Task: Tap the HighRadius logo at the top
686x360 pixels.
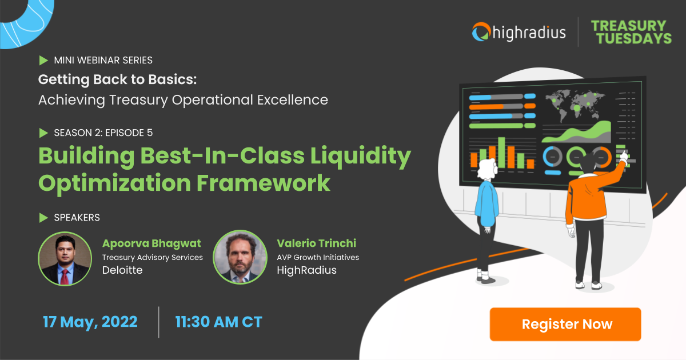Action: pos(519,32)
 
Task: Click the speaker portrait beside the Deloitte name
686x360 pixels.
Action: pos(65,258)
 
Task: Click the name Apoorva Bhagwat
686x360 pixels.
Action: pos(151,243)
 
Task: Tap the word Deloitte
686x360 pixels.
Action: pos(122,270)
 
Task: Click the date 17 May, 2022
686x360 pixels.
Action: pos(90,322)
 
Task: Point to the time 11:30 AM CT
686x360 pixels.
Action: pos(218,322)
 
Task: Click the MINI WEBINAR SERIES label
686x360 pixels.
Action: pos(103,60)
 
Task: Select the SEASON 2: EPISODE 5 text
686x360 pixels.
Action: pos(103,133)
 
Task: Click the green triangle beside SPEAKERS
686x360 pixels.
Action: pos(43,218)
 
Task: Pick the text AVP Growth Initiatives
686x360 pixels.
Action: pos(318,257)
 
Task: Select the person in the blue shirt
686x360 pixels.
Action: pos(486,217)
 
